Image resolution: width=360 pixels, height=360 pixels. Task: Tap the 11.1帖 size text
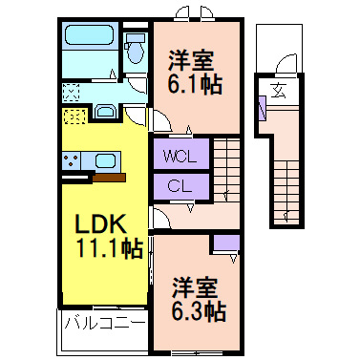110,250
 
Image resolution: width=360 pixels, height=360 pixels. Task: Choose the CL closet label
179,186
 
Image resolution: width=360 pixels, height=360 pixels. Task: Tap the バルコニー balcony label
105,323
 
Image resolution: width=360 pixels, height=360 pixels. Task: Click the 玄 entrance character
277,92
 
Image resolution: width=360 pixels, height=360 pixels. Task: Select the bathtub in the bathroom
90,38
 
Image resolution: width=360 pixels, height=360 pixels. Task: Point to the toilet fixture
136,45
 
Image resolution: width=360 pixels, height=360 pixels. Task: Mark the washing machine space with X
72,94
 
